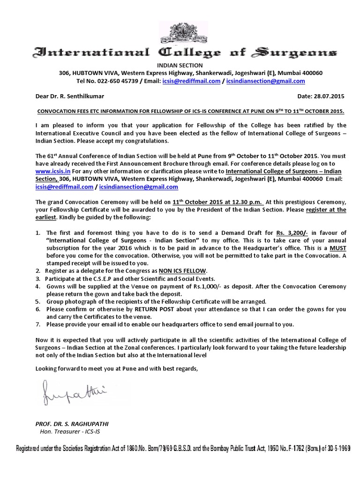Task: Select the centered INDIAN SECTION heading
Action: pyautogui.click(x=180, y=66)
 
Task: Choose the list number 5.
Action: pyautogui.click(x=38, y=302)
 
